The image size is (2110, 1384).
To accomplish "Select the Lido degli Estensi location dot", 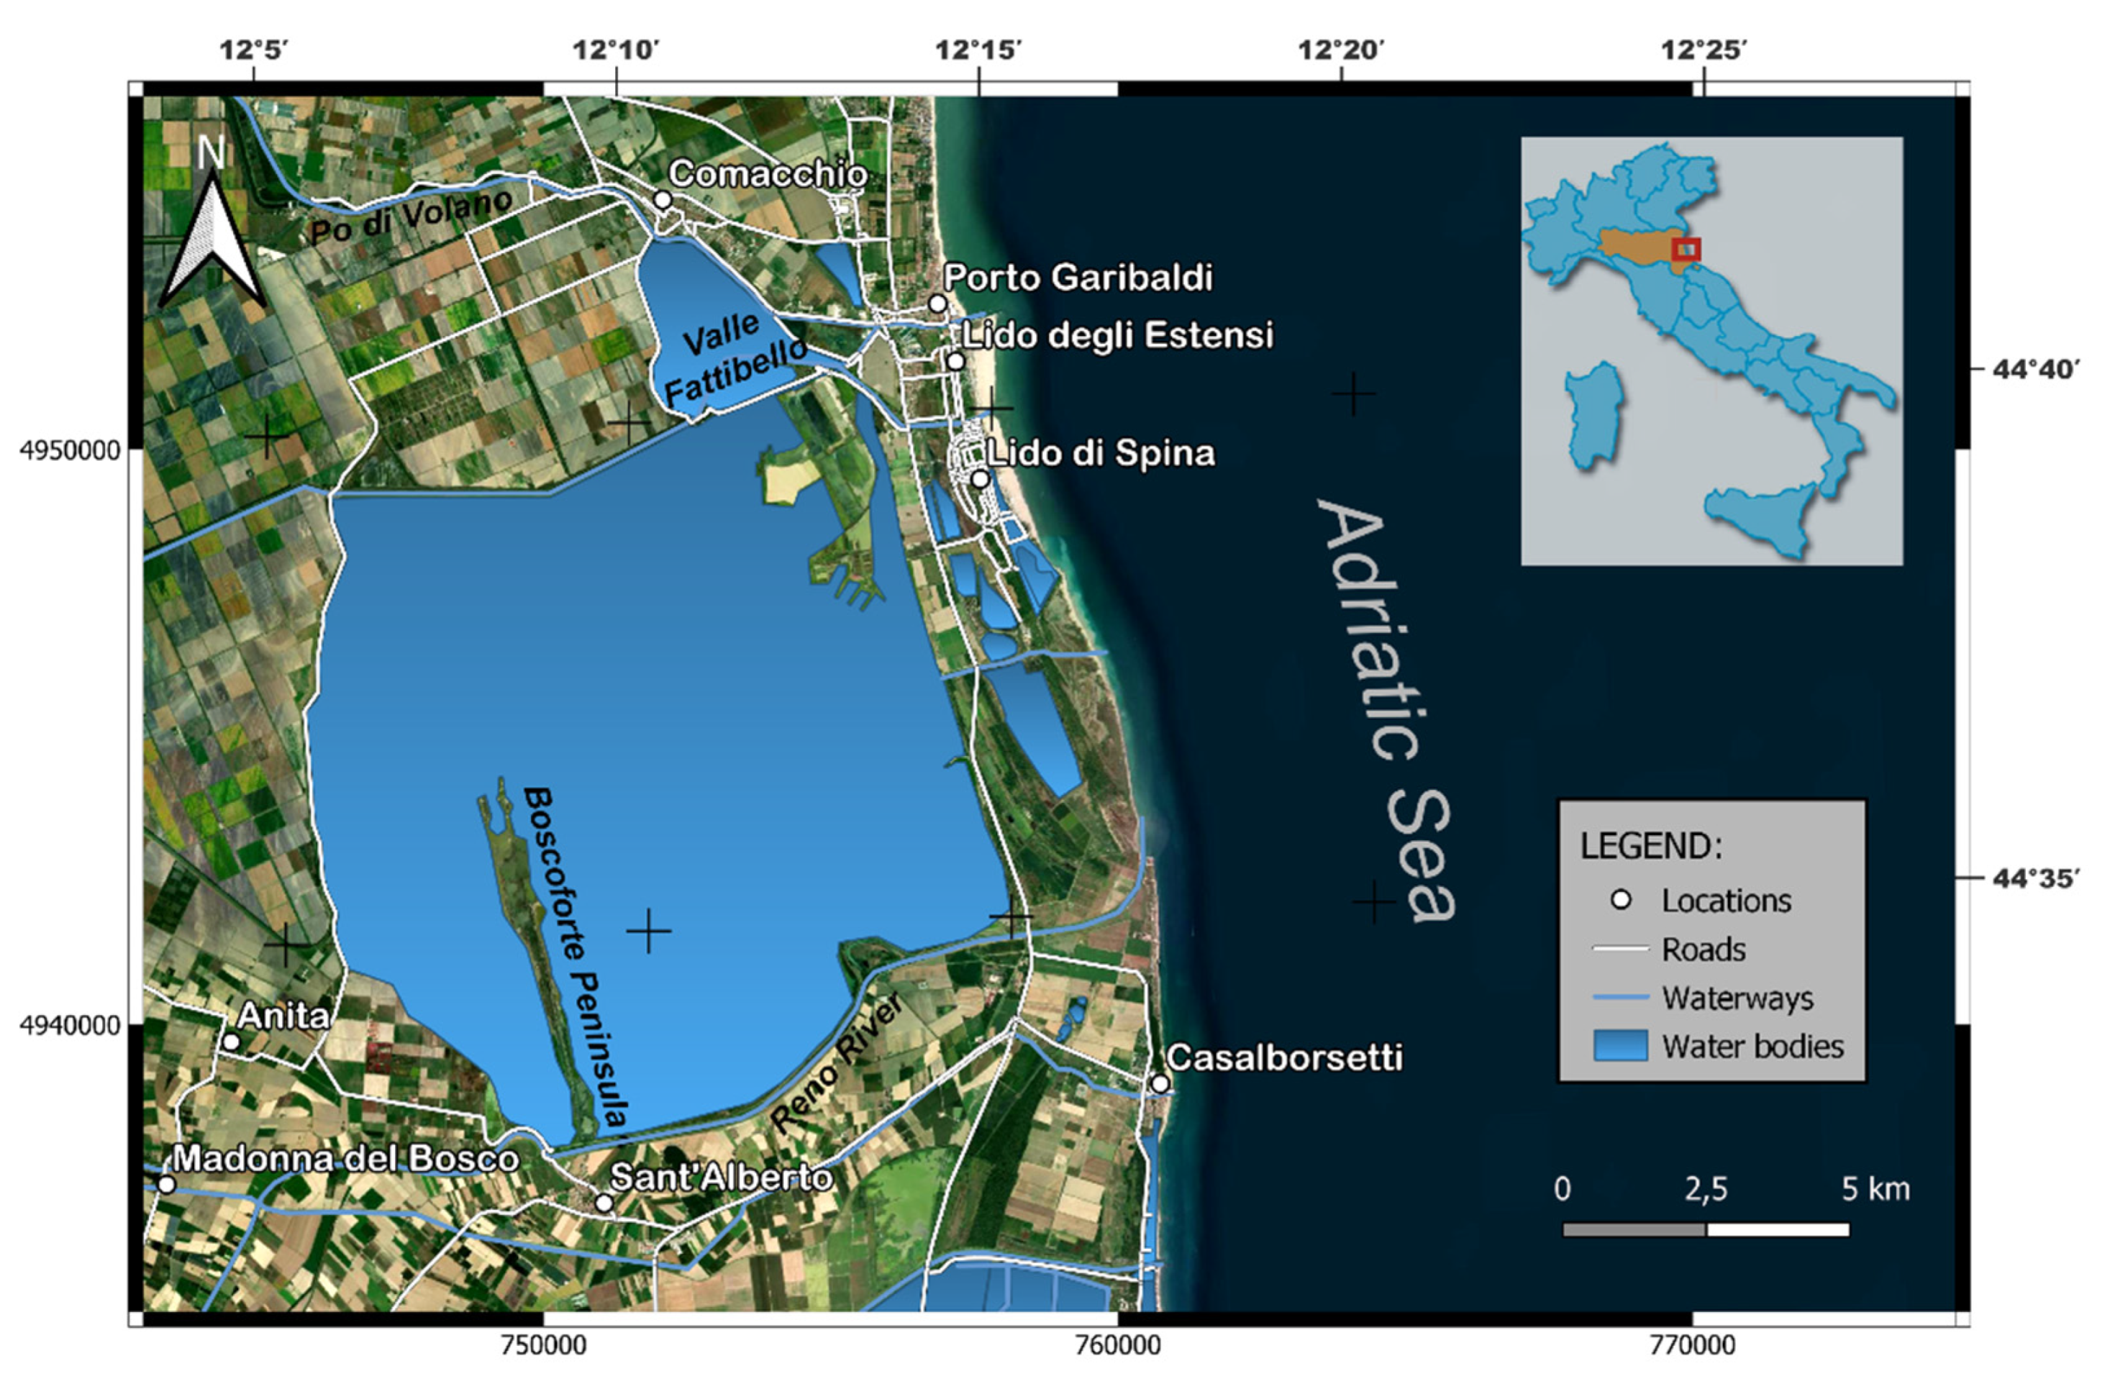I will (955, 362).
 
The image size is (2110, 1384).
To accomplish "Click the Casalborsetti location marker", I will (1160, 1083).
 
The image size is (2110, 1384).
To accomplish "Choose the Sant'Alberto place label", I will (722, 1178).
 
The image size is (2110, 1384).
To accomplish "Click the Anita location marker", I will (232, 1042).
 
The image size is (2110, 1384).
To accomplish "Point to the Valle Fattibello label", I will (734, 359).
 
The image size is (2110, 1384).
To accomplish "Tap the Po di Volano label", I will (411, 217).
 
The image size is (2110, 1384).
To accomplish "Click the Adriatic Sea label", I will (1388, 709).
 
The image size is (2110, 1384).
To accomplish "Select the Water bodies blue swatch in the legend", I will (1621, 1046).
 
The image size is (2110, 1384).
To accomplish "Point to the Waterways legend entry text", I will (1737, 998).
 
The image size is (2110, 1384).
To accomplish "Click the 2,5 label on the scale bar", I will (1706, 1189).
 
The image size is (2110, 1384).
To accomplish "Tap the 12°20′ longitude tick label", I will (1340, 50).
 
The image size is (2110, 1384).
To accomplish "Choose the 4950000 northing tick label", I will (69, 450).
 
